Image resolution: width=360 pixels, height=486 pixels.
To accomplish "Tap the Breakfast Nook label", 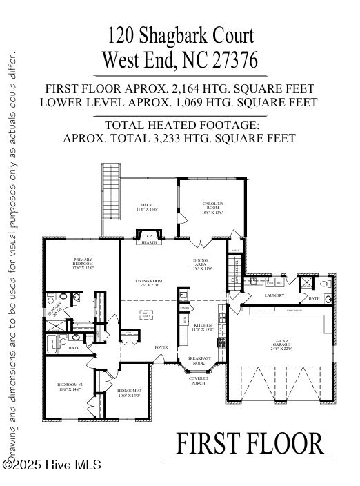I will [199, 360].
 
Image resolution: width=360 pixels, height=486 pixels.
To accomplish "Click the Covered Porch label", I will [198, 380].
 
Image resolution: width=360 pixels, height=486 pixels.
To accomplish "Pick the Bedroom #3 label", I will [130, 393].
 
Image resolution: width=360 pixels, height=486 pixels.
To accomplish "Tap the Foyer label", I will [161, 347].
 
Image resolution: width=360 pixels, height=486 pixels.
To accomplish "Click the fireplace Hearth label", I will [149, 243].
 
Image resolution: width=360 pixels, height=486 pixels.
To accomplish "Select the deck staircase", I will [110, 190].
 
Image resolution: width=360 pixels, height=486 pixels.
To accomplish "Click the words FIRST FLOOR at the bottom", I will [250, 443].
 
